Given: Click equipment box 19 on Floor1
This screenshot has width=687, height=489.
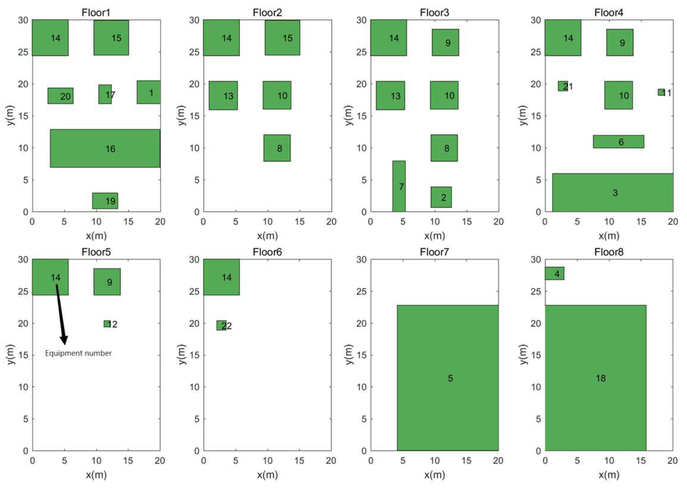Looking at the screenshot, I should coord(105,201).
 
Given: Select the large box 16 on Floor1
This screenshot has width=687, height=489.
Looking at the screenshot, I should coord(105,148).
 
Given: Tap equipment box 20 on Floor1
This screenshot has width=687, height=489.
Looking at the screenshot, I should coord(60,96).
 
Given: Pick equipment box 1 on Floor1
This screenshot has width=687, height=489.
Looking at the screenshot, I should coord(149,92).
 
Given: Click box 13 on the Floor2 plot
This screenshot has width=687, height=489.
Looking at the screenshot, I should coord(223,96).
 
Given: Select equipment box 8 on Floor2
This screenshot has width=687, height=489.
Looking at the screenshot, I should coord(277,148).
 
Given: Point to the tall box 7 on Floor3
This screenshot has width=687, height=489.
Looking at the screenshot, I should coord(399,186).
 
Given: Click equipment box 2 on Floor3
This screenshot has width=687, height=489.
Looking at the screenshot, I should coord(441,197).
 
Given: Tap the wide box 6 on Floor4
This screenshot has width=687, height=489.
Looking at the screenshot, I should coord(618,142).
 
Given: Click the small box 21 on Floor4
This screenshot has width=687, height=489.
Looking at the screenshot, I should coord(562,86).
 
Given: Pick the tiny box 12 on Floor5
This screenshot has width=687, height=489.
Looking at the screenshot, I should coord(107,323).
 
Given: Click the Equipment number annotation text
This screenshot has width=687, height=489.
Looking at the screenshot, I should coord(78,353).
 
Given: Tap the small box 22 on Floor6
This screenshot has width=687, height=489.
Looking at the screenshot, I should coord(221,325).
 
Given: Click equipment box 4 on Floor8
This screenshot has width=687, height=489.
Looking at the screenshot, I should coord(554,273).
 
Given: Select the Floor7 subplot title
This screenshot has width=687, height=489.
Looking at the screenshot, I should coord(434,252).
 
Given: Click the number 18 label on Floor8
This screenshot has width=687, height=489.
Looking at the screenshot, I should coord(600,378).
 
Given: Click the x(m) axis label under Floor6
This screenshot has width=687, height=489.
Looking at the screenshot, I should coord(267,475).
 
